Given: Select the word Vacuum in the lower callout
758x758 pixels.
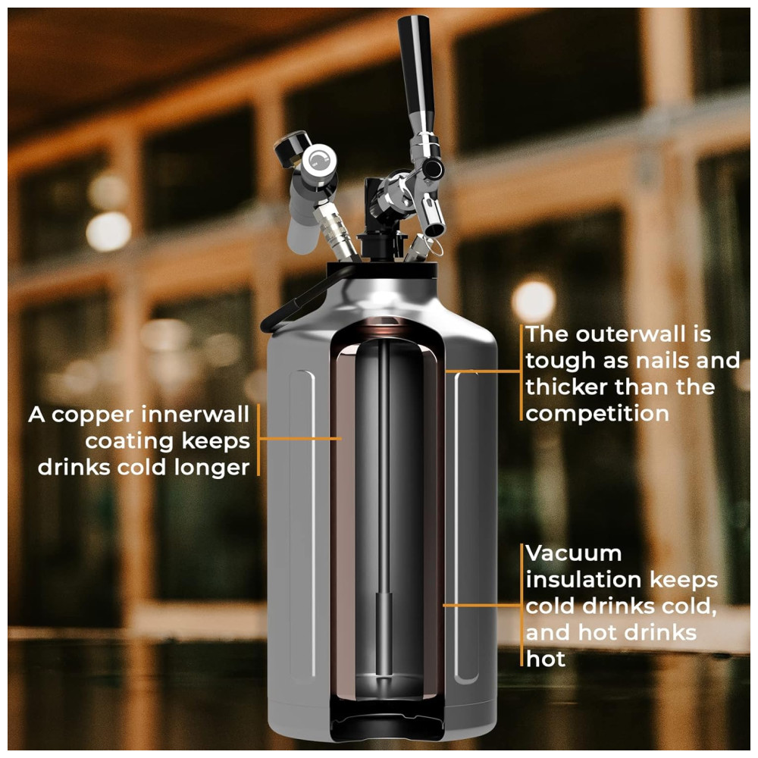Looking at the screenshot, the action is click(573, 553).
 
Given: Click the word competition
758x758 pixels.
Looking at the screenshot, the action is click(597, 414).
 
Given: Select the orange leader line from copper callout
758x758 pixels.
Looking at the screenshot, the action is click(300, 439).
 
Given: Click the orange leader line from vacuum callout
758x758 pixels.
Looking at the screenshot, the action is click(482, 605).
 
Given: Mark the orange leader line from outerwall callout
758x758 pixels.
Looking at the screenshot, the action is click(483, 371).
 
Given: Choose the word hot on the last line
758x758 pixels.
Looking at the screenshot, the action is click(546, 659).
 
